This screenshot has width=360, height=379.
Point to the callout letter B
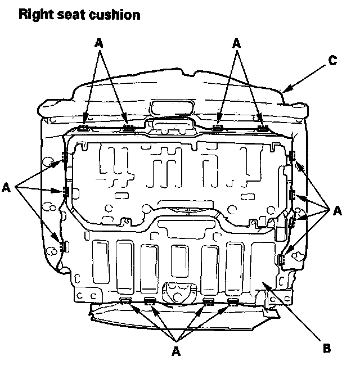point(326,348)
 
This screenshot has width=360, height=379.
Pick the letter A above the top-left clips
point(100,42)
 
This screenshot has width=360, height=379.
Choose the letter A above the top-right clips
point(237,42)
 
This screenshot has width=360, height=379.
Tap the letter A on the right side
point(337,211)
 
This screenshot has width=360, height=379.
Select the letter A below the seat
point(176,351)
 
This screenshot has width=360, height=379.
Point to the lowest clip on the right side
point(281,260)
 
